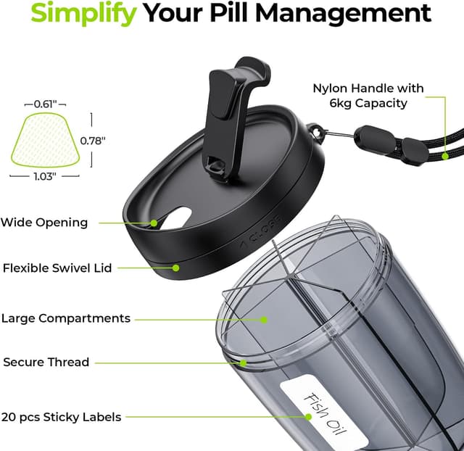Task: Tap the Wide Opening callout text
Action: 43,223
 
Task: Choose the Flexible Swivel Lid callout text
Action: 57,268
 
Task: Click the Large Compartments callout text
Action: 66,318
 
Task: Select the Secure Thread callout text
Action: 46,362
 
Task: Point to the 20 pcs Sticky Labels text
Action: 61,417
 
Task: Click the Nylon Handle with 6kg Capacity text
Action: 368,96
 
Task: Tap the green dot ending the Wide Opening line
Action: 154,223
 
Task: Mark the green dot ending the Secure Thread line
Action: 244,362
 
